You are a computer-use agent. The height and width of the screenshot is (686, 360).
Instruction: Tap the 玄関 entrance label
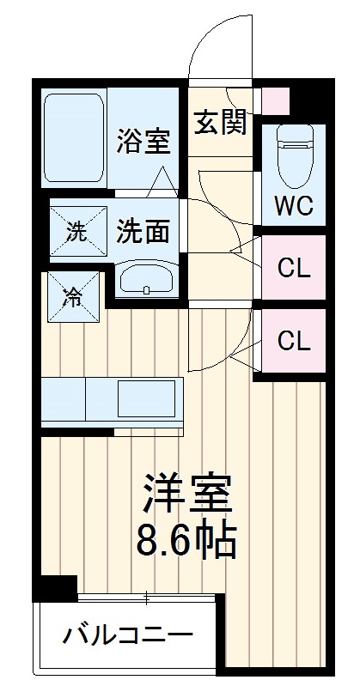219,123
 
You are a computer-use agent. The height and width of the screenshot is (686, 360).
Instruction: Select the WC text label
292,207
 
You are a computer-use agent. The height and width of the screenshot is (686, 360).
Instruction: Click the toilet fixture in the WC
292,157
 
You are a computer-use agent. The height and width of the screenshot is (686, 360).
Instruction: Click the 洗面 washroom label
143,230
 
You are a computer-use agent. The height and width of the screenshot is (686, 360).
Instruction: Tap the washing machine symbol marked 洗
76,231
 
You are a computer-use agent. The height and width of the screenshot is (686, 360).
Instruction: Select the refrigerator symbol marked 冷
74,297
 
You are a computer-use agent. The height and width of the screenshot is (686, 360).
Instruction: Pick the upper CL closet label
293,268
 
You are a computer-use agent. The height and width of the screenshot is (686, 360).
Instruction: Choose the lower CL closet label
293,341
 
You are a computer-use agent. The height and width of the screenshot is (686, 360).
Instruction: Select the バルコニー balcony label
127,637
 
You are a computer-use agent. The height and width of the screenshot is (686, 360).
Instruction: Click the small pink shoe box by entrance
276,100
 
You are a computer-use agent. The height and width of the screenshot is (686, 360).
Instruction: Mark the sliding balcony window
146,597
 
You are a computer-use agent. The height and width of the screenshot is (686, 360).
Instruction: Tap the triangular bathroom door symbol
162,181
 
